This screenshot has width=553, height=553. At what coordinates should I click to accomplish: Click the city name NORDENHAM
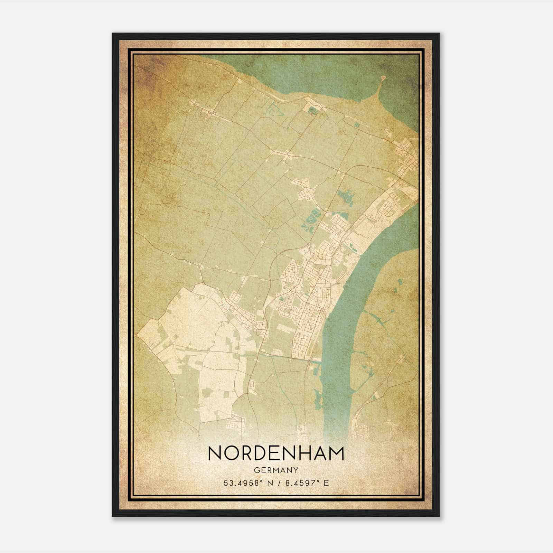click(276, 453)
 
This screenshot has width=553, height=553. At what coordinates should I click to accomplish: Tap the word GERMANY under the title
click(276, 470)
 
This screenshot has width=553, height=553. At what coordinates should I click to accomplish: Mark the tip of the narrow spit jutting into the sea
click(383, 78)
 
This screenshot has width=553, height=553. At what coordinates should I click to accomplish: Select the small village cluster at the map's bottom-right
click(363, 429)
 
